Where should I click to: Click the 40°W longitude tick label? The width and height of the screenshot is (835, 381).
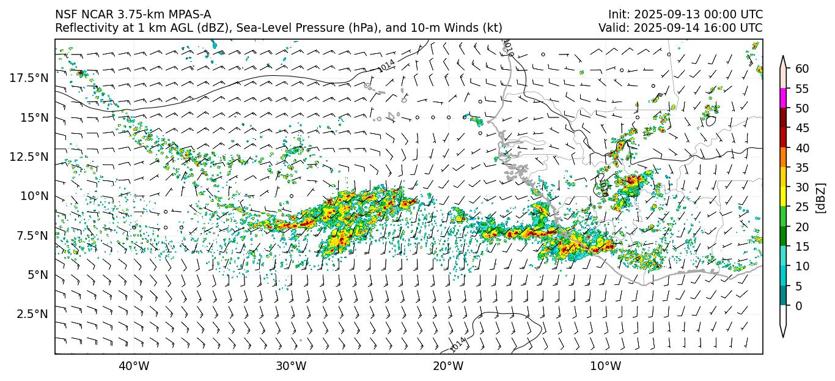point(133,366)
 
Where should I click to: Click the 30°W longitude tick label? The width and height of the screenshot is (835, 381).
point(291,366)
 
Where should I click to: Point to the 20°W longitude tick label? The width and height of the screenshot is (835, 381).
point(448,366)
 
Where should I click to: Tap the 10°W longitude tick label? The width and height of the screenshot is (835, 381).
point(606,366)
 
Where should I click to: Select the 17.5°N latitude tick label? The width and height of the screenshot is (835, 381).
point(29,78)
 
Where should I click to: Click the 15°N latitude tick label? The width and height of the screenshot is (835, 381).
point(34,117)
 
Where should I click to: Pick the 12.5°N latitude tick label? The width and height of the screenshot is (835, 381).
point(29,157)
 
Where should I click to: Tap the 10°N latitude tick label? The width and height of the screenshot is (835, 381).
point(34,196)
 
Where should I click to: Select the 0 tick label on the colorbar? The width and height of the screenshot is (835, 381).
point(798,306)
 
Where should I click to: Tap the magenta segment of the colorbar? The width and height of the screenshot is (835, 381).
point(783,98)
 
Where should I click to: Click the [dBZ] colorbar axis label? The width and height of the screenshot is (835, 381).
point(820,198)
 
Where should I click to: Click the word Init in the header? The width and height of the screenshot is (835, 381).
point(618,15)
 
